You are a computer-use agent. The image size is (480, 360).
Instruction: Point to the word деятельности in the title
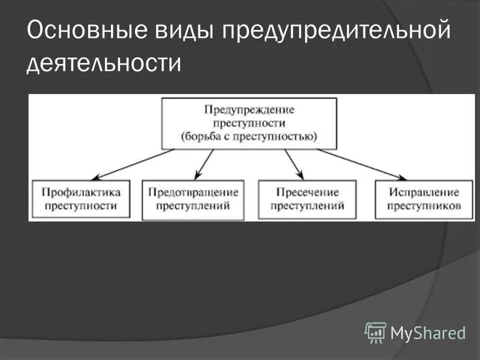coord(103,62)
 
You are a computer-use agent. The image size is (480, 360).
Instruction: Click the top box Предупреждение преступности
coord(249,124)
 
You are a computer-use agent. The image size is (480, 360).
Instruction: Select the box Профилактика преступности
coord(82,199)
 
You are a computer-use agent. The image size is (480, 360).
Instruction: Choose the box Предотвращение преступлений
coord(193,199)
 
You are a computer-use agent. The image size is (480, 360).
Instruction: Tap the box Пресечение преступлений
coord(307,199)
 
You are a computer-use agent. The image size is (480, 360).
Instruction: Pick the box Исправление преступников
coord(424,199)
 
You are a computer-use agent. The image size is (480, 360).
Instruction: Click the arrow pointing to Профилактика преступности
coord(135,164)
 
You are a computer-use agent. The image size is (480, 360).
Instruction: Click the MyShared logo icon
coord(376,332)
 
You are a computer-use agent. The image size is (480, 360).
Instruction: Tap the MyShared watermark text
coord(428,332)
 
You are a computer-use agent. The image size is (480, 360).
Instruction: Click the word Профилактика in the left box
coord(82,193)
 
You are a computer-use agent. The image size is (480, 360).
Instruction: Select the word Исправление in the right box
coord(424,193)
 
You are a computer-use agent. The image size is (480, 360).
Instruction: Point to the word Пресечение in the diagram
coord(307,193)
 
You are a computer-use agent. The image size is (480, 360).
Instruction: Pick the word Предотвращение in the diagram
coord(193,193)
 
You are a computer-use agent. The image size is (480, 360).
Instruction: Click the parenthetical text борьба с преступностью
coord(249,136)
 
